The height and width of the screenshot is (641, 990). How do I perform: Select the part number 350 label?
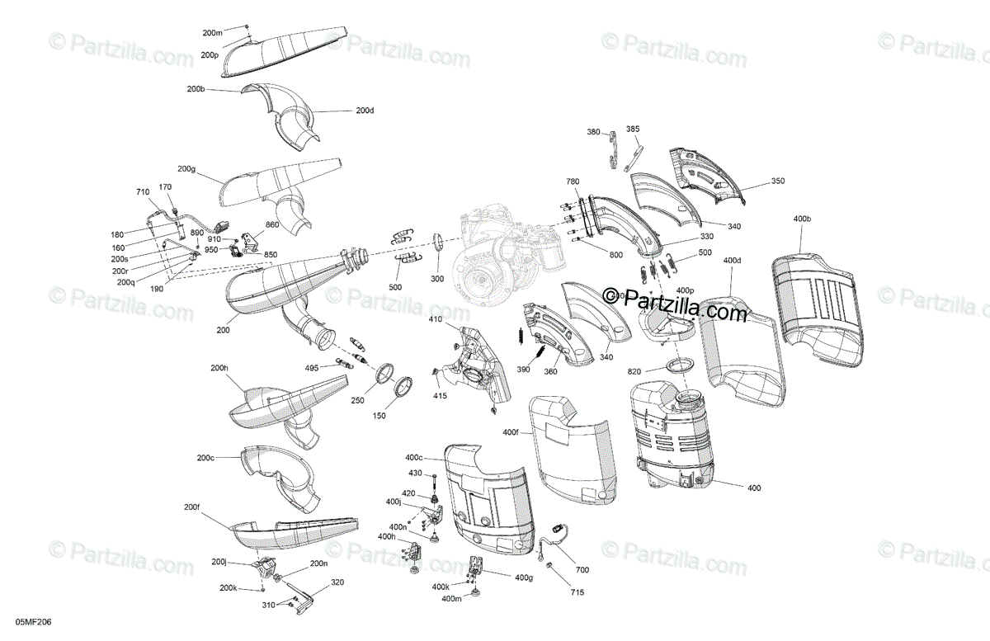777,181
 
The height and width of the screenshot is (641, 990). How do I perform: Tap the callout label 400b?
802,219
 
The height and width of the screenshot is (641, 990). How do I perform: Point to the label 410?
435,319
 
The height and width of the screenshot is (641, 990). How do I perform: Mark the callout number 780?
573,181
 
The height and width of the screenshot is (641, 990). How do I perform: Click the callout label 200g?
186,168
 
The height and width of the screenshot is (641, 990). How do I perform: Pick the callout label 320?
337,582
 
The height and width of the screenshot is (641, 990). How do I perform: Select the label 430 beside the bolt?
415,473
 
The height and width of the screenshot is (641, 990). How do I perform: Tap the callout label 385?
633,129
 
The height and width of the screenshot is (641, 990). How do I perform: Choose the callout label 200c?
205,458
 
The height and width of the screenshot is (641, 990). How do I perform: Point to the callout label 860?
272,224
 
